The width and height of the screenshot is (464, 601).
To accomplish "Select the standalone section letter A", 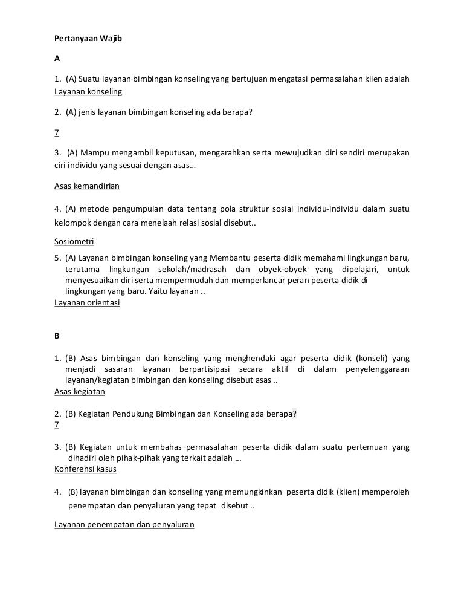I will click(57, 59).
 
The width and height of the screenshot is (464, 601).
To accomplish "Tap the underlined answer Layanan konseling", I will click(88, 92).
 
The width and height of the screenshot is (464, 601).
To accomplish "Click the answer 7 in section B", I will click(57, 425).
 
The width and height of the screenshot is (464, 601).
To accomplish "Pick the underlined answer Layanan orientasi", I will click(87, 303).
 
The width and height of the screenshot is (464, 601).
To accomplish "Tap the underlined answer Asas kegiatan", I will click(79, 391).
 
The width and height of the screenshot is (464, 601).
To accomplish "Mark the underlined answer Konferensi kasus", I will click(85, 469).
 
